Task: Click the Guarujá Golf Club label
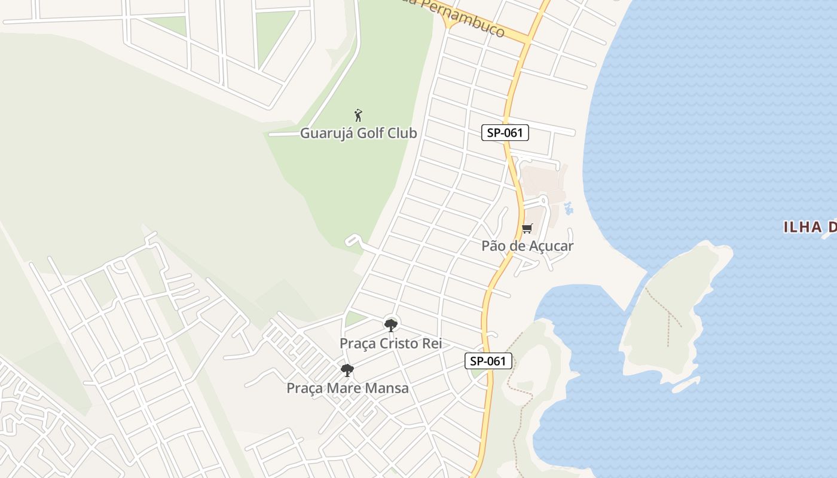(x=358, y=133)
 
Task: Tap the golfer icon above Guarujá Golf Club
(x=358, y=115)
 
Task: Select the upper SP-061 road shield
(x=505, y=133)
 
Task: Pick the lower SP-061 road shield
(x=488, y=361)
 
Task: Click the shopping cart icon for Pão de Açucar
(x=527, y=228)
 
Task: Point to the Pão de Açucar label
(x=527, y=246)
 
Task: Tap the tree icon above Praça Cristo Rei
(x=391, y=325)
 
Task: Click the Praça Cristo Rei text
(x=390, y=344)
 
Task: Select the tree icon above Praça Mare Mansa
(x=347, y=370)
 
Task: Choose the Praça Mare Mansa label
(x=347, y=388)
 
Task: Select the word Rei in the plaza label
(x=432, y=344)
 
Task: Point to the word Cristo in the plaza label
(x=402, y=344)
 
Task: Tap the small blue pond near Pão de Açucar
(x=568, y=209)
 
